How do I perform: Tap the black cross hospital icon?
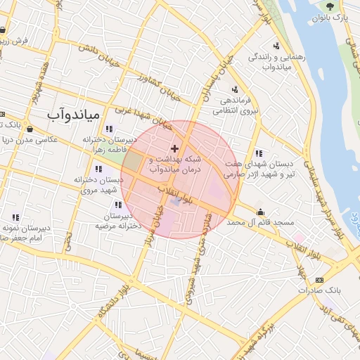click(x=175, y=149)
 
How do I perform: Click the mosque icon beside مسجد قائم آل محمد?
click(x=261, y=212)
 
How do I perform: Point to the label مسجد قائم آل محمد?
click(x=264, y=222)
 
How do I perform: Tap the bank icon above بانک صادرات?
click(x=310, y=278)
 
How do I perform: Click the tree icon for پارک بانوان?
click(x=330, y=6)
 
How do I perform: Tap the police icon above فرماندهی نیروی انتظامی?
click(x=235, y=89)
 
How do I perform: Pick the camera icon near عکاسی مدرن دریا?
click(x=30, y=129)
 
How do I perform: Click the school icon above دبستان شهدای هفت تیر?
click(x=259, y=153)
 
